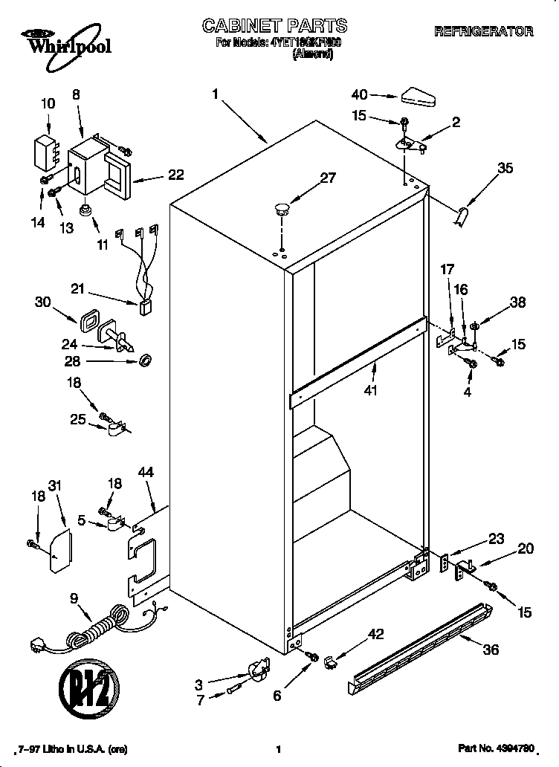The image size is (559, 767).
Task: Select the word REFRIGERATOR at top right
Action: (483, 31)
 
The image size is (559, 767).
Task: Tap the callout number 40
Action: (360, 94)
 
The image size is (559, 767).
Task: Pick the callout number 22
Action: (175, 175)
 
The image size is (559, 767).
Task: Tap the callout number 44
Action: (146, 472)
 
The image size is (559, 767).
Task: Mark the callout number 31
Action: (55, 485)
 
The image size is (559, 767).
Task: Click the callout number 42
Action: (376, 634)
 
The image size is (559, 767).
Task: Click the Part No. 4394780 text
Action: (496, 750)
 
